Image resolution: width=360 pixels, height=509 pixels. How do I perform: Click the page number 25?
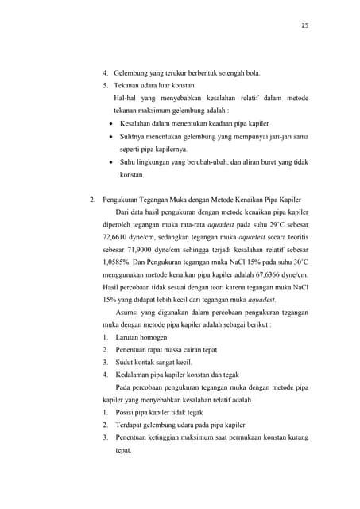(305, 25)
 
